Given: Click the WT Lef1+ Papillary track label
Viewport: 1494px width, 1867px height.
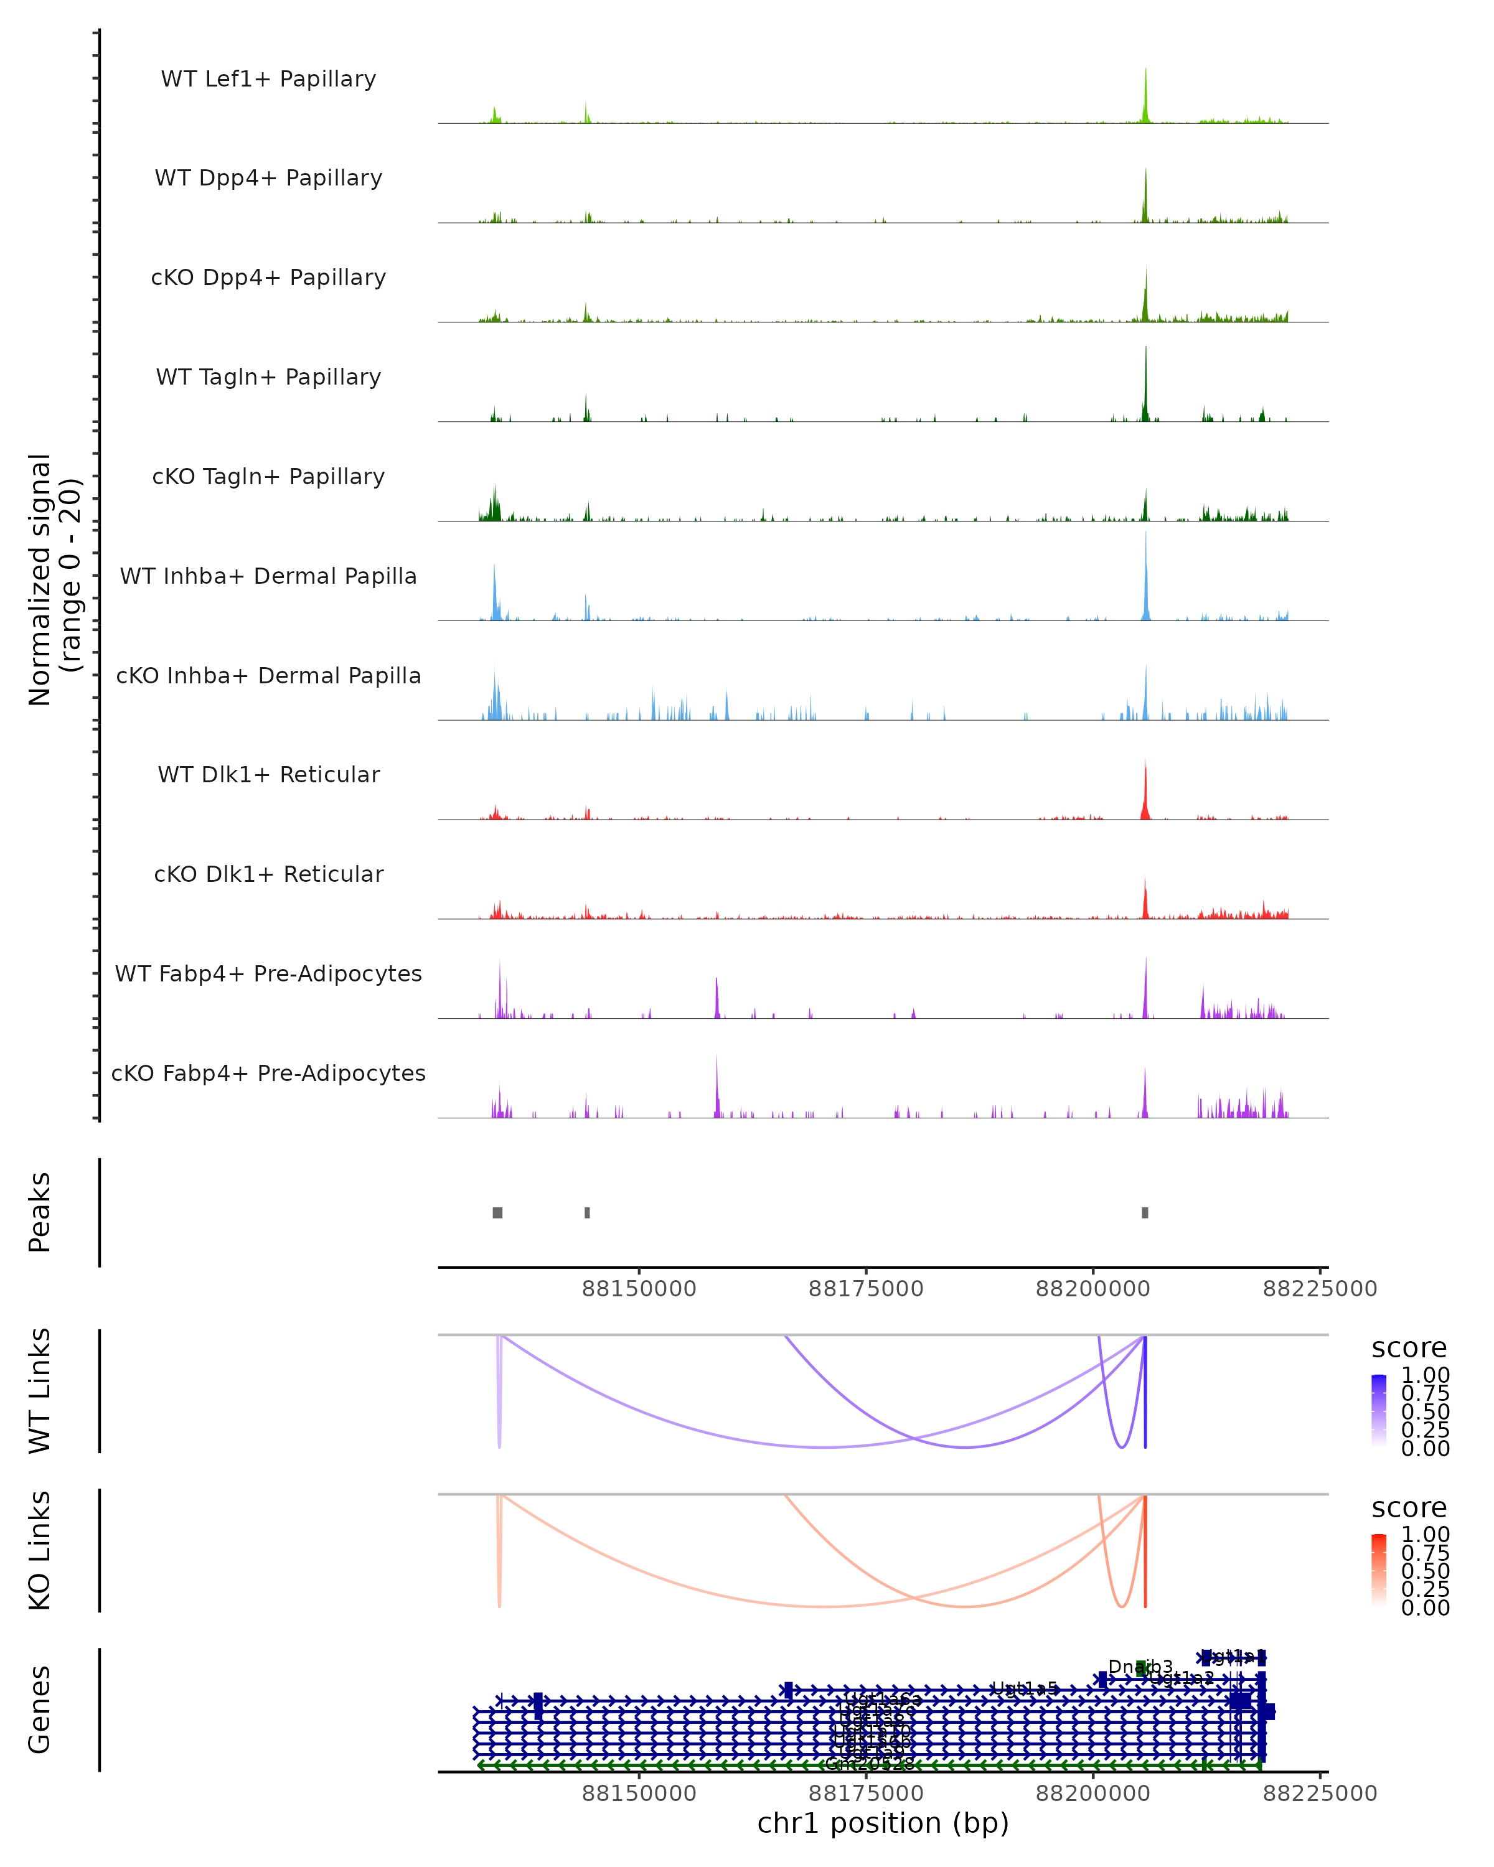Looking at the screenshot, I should click(268, 79).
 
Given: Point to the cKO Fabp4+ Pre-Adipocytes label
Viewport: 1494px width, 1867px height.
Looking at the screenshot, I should click(268, 1073).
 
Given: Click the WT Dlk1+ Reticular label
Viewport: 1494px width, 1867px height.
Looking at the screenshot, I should click(268, 774).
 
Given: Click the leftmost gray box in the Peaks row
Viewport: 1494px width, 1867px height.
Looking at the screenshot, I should click(497, 1212).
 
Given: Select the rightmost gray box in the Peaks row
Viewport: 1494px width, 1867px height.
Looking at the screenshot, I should click(1145, 1212).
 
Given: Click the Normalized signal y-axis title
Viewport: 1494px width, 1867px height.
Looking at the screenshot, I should click(54, 579).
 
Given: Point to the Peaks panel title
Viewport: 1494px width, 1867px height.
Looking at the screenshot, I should click(40, 1212).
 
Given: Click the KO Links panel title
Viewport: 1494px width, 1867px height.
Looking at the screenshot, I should click(40, 1550).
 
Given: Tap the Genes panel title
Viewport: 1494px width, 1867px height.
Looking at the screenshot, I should click(40, 1710).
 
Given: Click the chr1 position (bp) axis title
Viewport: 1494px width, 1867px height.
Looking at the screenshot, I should click(883, 1823).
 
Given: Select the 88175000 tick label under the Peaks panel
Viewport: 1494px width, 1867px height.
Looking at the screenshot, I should click(865, 1289).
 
